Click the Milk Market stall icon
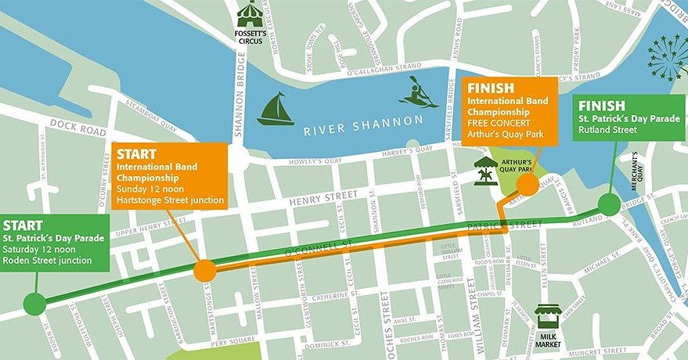coord(548,318)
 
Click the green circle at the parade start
coord(34,304)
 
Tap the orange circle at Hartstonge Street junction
coord(204,271)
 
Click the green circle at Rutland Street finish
coord(608,206)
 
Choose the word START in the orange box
coord(139,153)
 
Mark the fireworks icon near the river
coord(668,56)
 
